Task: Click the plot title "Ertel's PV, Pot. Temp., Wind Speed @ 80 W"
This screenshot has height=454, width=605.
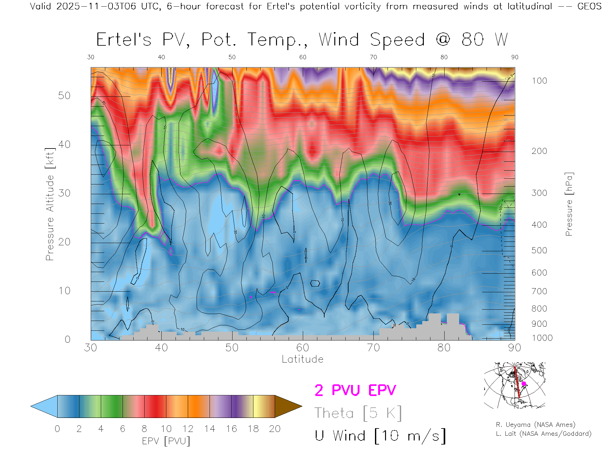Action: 302,40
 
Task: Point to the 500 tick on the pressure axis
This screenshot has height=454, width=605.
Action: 539,250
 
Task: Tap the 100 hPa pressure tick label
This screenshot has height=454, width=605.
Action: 539,81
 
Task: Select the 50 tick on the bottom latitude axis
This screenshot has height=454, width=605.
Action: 232,348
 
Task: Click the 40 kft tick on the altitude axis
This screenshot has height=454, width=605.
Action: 64,144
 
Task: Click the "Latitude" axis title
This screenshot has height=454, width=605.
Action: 302,359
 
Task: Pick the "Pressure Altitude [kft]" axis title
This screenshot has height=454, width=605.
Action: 50,204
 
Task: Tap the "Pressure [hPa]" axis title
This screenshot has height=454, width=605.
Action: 569,204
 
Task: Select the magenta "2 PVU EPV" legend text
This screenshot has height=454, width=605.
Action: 355,390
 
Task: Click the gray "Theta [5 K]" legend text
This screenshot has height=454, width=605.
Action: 358,413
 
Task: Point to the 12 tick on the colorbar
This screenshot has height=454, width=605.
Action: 188,429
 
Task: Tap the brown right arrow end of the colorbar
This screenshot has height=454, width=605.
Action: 287,406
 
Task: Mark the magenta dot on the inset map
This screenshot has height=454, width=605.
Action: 524,384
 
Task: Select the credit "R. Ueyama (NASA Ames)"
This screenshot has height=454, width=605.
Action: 535,425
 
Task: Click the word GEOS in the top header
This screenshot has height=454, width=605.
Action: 589,6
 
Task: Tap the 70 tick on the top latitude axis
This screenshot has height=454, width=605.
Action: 373,57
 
